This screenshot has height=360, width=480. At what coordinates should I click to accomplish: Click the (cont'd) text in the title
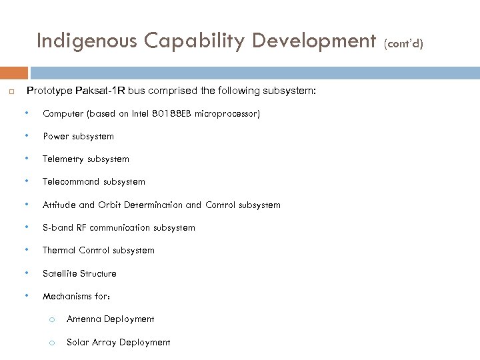point(403,44)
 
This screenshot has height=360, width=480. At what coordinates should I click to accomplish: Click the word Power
point(56,137)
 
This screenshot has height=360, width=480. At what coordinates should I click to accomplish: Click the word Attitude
point(59,205)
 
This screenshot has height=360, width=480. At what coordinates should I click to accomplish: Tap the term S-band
point(58,227)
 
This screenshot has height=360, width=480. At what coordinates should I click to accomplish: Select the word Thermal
point(59,251)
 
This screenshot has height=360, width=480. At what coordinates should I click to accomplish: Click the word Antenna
point(83,319)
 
